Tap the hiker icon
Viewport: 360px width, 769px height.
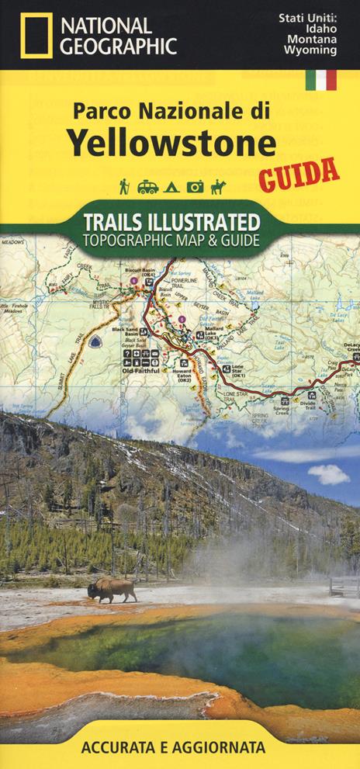click(x=123, y=186)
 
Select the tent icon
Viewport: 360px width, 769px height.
click(x=172, y=186)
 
